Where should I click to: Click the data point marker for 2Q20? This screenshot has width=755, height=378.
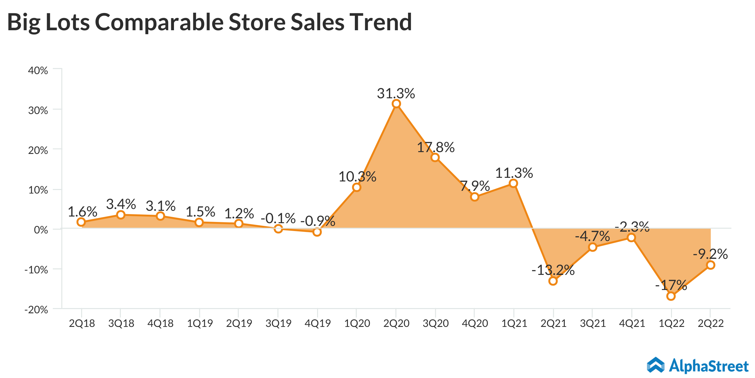click(396, 104)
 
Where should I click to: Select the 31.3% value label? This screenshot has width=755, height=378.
click(396, 93)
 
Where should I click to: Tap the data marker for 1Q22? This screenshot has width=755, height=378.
click(671, 296)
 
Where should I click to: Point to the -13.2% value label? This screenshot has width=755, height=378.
click(553, 270)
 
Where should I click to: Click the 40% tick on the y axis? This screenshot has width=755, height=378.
click(38, 70)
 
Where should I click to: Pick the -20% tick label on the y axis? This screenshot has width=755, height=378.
click(36, 310)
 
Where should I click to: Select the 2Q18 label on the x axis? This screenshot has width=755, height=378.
click(82, 324)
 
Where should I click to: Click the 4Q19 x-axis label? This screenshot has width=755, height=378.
click(318, 324)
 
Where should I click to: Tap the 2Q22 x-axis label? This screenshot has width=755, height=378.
click(711, 324)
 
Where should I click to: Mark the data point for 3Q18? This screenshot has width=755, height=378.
click(121, 215)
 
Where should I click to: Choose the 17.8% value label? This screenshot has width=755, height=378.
click(435, 148)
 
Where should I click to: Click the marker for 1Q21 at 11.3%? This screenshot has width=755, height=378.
click(513, 183)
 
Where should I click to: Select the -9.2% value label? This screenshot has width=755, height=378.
click(710, 254)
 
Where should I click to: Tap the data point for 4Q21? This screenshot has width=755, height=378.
click(631, 238)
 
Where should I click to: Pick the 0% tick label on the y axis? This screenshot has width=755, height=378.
click(41, 230)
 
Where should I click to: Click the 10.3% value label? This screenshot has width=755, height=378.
click(357, 177)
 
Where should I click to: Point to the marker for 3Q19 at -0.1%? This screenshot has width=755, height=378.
click(278, 229)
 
